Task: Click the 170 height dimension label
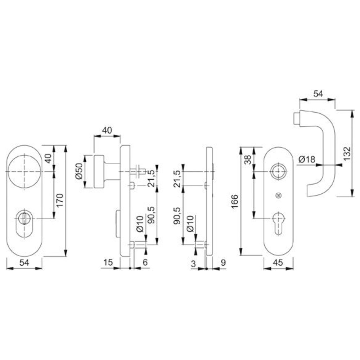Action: (x=60, y=200)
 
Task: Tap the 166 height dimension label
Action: (x=235, y=202)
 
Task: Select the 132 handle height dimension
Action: (x=347, y=153)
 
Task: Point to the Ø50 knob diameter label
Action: (x=79, y=171)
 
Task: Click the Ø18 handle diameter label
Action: (x=307, y=159)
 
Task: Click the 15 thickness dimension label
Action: (x=108, y=262)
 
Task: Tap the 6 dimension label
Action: (x=145, y=262)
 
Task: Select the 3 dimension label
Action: (x=193, y=264)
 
